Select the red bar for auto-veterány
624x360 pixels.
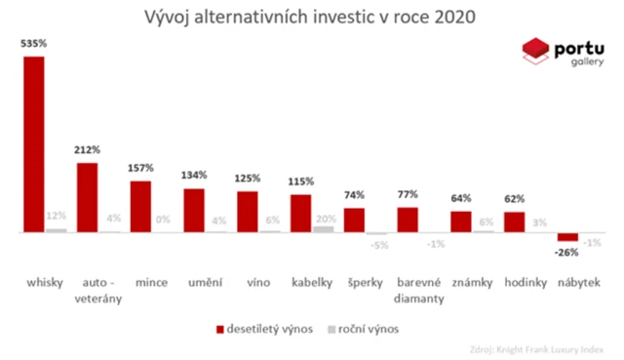point(87,198)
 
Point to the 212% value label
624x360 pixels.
point(88,151)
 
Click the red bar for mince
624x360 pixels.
point(140,207)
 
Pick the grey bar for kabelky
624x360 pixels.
point(323,229)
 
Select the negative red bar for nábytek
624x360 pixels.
point(567,237)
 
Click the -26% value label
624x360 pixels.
point(567,252)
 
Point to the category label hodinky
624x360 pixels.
point(524,284)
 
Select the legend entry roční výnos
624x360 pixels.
point(370,329)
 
